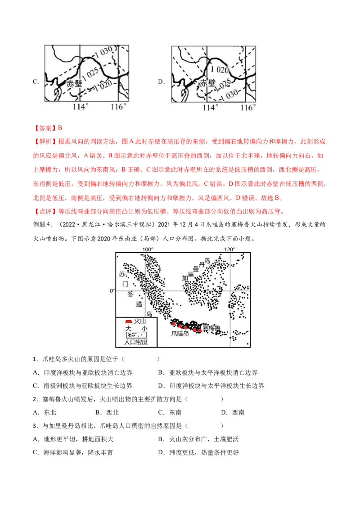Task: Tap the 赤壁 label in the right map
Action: click(x=208, y=84)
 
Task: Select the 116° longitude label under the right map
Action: click(x=247, y=108)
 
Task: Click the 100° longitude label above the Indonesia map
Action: click(x=148, y=250)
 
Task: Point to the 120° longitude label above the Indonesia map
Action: click(x=229, y=250)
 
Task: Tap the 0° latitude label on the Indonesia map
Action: click(x=113, y=290)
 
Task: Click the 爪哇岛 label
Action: click(x=180, y=334)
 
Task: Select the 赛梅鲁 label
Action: click(x=211, y=329)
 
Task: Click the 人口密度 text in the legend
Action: click(x=136, y=342)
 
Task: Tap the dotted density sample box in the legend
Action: click(x=136, y=335)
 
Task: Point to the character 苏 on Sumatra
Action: click(x=121, y=274)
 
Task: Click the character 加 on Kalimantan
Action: click(x=184, y=278)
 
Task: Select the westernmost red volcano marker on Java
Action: click(x=173, y=323)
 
